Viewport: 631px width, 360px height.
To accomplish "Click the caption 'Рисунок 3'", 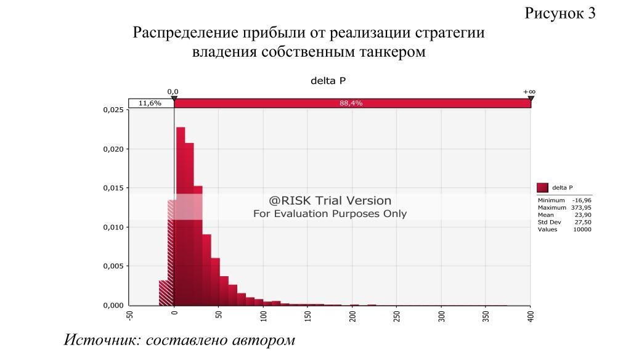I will (x=560, y=14).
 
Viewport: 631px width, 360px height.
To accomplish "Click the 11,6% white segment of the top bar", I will (x=150, y=104).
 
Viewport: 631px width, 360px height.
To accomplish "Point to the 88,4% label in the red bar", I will (x=351, y=104).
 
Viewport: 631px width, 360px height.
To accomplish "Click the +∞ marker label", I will (x=529, y=91).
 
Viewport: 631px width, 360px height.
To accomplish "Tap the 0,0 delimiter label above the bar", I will (x=173, y=91).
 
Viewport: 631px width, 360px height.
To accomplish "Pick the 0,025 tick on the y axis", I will (x=113, y=110).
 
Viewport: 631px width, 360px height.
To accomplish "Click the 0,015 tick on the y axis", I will (x=113, y=188).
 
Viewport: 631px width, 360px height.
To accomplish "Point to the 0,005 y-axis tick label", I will (x=113, y=266).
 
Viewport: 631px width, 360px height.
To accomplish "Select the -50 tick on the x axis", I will (x=130, y=316).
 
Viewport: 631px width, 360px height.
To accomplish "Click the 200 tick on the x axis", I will (x=352, y=316).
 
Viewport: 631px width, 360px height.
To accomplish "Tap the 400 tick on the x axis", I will (x=531, y=316).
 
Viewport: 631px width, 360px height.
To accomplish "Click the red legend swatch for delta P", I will (x=542, y=187).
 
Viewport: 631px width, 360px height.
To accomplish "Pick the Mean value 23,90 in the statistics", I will (x=582, y=215).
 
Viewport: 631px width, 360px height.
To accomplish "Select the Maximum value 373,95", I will (x=581, y=208).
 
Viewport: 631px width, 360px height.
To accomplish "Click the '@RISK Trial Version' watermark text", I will (x=330, y=200).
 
